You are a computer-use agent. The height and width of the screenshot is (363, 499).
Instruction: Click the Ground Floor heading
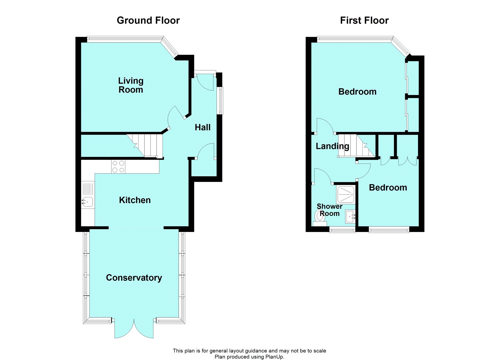(x=148, y=21)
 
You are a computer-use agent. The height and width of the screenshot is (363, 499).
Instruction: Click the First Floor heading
(x=364, y=21)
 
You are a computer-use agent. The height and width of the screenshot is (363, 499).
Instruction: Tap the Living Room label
(x=131, y=85)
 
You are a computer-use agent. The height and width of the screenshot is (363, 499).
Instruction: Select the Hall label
(x=202, y=127)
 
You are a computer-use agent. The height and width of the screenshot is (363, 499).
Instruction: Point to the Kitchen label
(x=135, y=200)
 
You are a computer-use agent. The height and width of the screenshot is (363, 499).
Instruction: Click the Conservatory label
(x=134, y=278)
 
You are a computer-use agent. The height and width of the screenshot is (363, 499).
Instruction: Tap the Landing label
(x=332, y=146)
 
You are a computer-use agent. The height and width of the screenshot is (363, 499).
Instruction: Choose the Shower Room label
(x=329, y=210)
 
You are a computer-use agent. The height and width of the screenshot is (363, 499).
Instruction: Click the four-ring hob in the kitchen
(x=118, y=167)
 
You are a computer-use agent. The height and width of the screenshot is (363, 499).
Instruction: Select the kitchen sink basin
(x=87, y=202)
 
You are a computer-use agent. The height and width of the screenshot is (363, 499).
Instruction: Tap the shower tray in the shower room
(x=346, y=194)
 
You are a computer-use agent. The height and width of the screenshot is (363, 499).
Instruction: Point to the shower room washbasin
(x=350, y=216)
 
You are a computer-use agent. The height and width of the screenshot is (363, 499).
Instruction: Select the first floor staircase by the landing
(x=356, y=146)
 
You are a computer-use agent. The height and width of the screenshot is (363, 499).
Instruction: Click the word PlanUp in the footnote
(x=274, y=357)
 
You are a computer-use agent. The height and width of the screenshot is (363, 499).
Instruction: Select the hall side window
(x=221, y=101)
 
